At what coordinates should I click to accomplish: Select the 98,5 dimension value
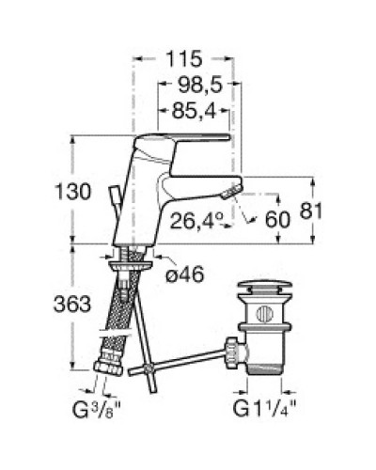click(197, 86)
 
